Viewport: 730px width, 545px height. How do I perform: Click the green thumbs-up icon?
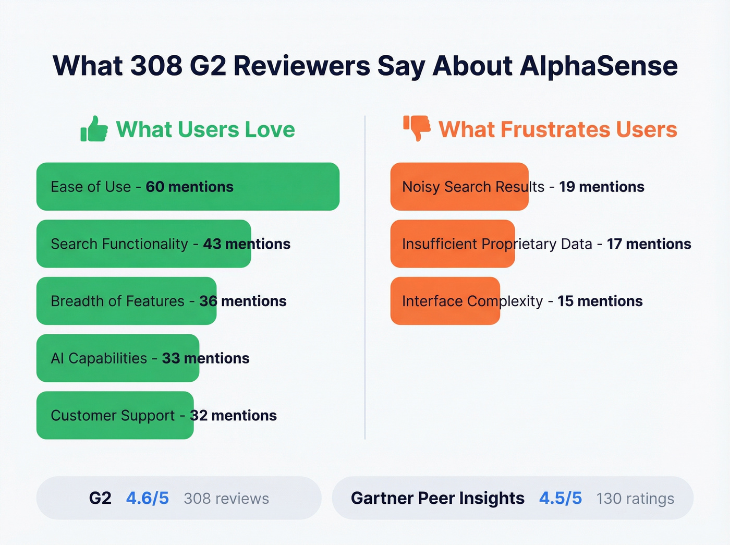pyautogui.click(x=94, y=129)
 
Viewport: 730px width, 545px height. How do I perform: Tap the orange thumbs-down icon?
pyautogui.click(x=417, y=128)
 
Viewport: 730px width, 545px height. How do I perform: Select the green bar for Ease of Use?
pyautogui.click(x=188, y=187)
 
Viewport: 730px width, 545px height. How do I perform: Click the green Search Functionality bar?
pyautogui.click(x=143, y=244)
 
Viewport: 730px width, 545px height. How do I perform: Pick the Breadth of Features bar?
pyautogui.click(x=126, y=301)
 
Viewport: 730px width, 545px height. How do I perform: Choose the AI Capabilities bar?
pyautogui.click(x=117, y=358)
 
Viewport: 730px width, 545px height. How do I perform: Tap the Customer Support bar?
pyautogui.click(x=115, y=416)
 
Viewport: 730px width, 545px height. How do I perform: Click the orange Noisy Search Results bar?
pyautogui.click(x=459, y=187)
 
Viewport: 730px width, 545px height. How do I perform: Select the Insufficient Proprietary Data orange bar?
pyautogui.click(x=452, y=244)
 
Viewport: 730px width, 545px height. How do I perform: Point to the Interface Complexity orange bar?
pyautogui.click(x=445, y=301)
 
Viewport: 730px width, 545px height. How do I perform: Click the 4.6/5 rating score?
pyautogui.click(x=148, y=498)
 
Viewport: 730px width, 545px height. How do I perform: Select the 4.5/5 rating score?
pyautogui.click(x=560, y=498)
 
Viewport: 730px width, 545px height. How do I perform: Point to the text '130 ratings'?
pyautogui.click(x=635, y=499)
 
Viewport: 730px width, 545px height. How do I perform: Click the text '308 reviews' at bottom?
pyautogui.click(x=226, y=499)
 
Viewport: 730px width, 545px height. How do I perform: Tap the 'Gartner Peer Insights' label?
pyautogui.click(x=437, y=498)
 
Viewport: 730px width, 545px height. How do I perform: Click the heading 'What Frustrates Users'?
pyautogui.click(x=557, y=129)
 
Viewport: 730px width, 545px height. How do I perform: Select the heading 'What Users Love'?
pyautogui.click(x=205, y=129)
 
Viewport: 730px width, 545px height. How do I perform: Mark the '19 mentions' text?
pyautogui.click(x=602, y=187)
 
